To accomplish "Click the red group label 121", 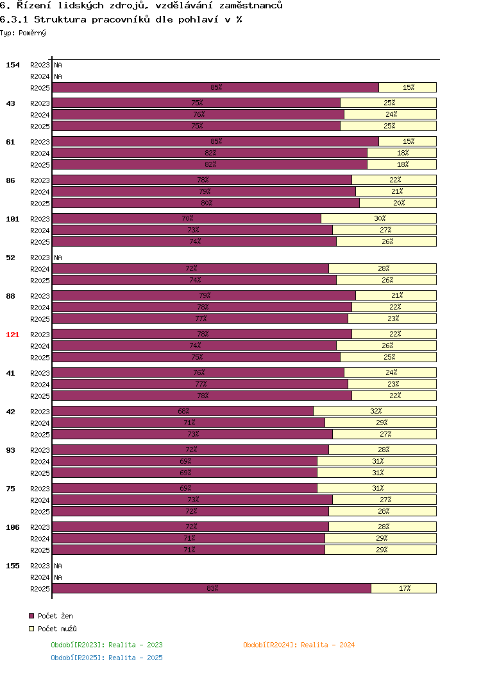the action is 13,335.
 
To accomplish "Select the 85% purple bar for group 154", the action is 215,87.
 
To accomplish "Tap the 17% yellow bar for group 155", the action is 403,588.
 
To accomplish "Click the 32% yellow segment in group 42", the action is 375,411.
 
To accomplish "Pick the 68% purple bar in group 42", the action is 183,411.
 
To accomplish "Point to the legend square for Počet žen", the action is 31,616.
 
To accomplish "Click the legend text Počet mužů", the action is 57,629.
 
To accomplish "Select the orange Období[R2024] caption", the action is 299,645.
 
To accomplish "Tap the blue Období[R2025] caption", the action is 107,658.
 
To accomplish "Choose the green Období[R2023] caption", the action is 107,645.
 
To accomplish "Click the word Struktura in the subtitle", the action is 60,19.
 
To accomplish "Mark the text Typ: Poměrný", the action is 23,33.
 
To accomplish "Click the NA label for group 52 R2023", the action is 58,258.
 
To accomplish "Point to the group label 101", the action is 13,219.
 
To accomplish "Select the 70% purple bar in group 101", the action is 187,218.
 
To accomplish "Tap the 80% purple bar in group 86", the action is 206,203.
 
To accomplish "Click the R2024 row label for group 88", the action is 40,308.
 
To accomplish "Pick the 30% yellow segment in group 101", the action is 378,218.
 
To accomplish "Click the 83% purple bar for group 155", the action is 212,588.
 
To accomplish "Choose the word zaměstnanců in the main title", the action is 251,6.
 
